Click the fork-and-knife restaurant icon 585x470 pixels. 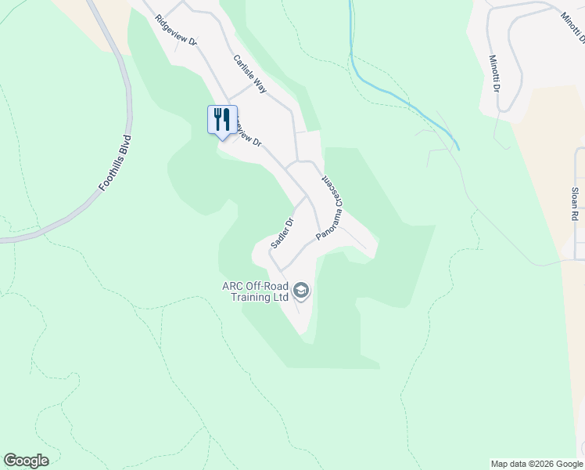coord(222,120)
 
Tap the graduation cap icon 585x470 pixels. coord(301,292)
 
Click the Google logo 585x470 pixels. coord(26,461)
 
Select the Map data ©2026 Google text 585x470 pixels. coord(536,464)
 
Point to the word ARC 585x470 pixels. coord(234,286)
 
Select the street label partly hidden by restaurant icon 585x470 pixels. coord(248,136)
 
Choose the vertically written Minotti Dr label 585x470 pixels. coord(494,73)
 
